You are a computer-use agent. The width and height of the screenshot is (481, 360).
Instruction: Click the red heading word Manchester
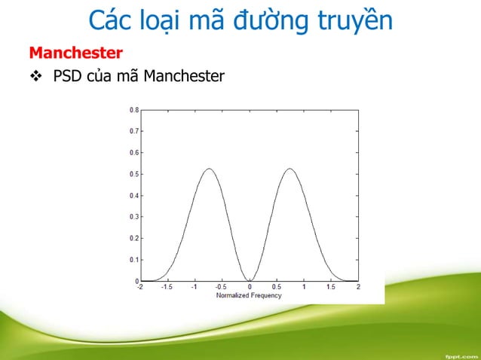click(x=75, y=53)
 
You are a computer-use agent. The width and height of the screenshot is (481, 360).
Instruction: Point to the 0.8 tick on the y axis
click(x=133, y=109)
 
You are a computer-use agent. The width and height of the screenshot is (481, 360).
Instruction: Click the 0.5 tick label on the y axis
click(x=133, y=174)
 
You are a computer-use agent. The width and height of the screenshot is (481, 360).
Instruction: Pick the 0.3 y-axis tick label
click(x=133, y=217)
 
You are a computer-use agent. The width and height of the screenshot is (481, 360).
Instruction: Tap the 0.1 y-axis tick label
click(x=133, y=260)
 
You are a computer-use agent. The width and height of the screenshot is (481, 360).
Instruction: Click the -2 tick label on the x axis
click(x=139, y=287)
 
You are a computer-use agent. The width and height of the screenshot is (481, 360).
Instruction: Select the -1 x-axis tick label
click(x=193, y=287)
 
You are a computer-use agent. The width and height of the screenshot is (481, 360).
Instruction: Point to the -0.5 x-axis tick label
click(x=220, y=287)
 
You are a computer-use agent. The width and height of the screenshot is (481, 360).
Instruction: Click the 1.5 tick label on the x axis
click(x=331, y=287)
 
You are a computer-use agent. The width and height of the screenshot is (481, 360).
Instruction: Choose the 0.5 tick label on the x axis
click(x=277, y=287)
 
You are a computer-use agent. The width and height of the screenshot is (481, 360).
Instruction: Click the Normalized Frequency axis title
click(x=249, y=295)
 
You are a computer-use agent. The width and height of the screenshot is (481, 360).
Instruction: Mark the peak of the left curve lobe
click(x=208, y=169)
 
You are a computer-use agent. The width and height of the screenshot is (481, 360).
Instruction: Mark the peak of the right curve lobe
click(x=290, y=169)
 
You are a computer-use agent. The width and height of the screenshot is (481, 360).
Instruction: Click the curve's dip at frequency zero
click(x=249, y=281)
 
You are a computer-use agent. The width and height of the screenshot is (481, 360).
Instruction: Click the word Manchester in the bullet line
click(x=183, y=76)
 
